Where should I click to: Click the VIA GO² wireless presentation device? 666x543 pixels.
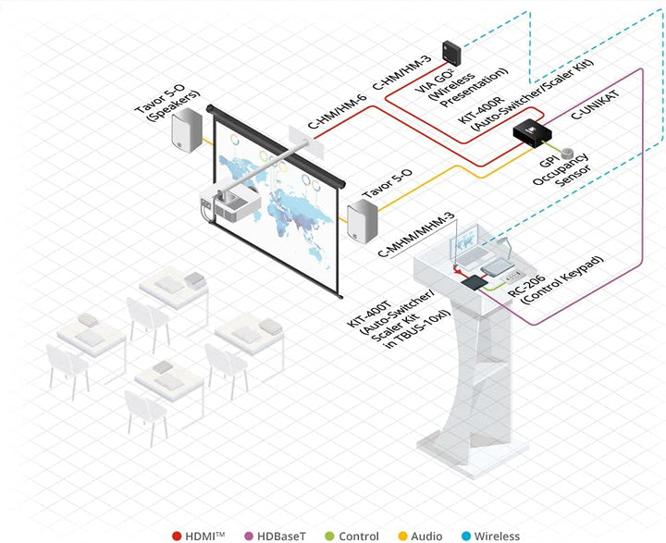[x=451, y=53]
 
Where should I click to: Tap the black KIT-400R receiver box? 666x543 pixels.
[x=532, y=132]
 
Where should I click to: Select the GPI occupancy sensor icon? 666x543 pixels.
[x=566, y=154]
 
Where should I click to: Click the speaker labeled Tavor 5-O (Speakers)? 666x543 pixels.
[x=187, y=130]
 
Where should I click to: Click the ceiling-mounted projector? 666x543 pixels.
[x=230, y=204]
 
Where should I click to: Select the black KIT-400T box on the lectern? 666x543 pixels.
[x=475, y=282]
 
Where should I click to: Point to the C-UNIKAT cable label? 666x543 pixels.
[x=595, y=105]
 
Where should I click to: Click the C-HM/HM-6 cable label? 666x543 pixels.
[x=337, y=112]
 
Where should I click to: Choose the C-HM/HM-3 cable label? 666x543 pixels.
[x=401, y=72]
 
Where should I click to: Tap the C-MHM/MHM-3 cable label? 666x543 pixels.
[x=416, y=235]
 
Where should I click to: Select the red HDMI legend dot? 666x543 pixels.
[x=177, y=537]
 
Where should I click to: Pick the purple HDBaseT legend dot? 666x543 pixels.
[x=249, y=537]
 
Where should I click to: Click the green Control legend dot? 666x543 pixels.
[x=329, y=537]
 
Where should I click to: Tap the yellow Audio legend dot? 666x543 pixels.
[x=402, y=537]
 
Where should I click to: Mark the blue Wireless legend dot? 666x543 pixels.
[x=466, y=537]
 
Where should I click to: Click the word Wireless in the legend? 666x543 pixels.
[x=497, y=537]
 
